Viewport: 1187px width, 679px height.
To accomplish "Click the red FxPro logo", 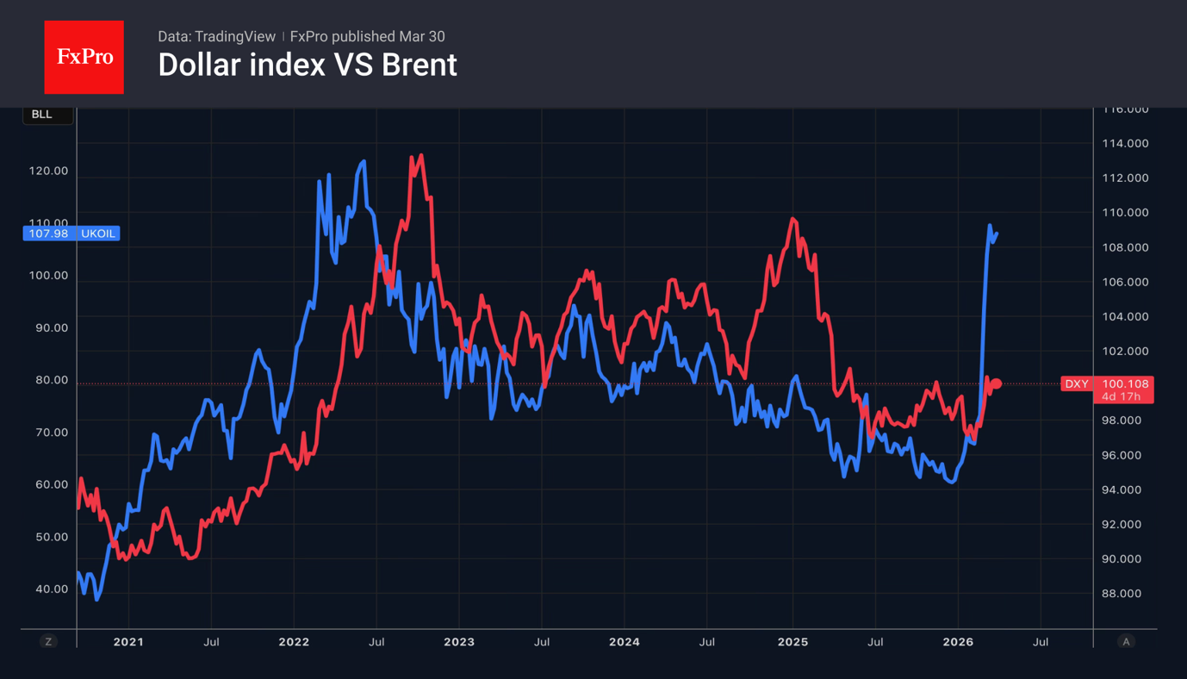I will [x=84, y=57].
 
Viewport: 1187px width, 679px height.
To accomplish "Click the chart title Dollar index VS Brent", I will [x=307, y=65].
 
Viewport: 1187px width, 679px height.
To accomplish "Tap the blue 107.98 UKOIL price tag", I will [x=71, y=234].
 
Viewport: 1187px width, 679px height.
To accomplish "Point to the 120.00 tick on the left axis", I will [x=48, y=171].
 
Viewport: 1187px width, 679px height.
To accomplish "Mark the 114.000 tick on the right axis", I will [x=1125, y=143].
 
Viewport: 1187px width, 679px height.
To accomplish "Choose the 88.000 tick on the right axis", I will [x=1125, y=594].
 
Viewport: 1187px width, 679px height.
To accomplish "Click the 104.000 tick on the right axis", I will [x=1125, y=316].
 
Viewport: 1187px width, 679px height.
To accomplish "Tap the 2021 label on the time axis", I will [x=128, y=642].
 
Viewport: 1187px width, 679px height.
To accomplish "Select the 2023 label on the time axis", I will [x=458, y=642].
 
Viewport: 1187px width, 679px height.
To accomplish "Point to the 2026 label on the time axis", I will [x=958, y=642].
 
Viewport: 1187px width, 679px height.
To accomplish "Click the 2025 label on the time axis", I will [x=792, y=642].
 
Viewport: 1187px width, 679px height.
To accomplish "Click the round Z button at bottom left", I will [x=48, y=642].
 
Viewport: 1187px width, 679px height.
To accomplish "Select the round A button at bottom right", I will [x=1126, y=642].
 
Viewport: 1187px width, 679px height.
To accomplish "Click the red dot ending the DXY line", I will [x=997, y=383].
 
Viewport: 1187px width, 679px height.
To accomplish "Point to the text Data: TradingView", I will [x=216, y=36].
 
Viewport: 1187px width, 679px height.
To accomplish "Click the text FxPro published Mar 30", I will [x=367, y=36].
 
